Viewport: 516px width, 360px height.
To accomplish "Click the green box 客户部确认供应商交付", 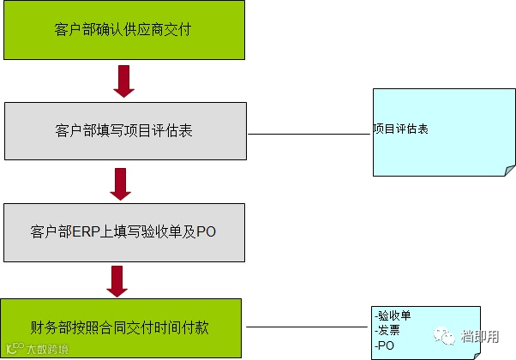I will [123, 31].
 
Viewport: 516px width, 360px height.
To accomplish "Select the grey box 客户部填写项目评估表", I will [125, 131].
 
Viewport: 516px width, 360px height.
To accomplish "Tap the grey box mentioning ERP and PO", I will [123, 232].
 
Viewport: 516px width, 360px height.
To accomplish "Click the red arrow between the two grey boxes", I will [123, 183].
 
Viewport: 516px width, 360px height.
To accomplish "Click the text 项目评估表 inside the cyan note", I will [400, 129].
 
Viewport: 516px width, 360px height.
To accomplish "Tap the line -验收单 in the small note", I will [393, 315].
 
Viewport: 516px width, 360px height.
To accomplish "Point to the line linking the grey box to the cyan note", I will [309, 134].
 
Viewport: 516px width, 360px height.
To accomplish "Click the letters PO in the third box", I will [207, 232].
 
